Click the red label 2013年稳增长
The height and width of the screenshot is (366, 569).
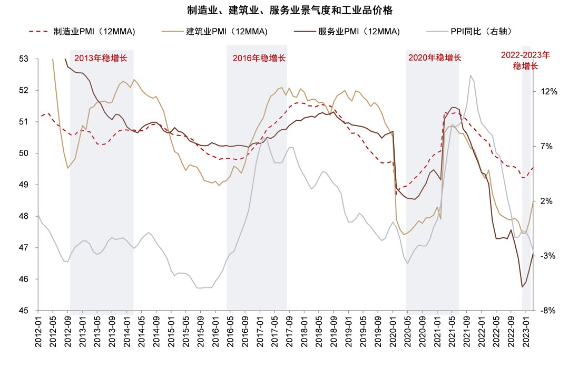point(101,58)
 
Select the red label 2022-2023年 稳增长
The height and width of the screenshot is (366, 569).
point(525,60)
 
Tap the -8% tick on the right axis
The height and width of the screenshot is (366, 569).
point(548,311)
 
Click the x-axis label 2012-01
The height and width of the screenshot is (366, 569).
point(38,331)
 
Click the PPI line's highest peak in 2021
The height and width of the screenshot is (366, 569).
point(470,75)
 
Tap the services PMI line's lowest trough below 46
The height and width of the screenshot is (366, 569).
point(522,287)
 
